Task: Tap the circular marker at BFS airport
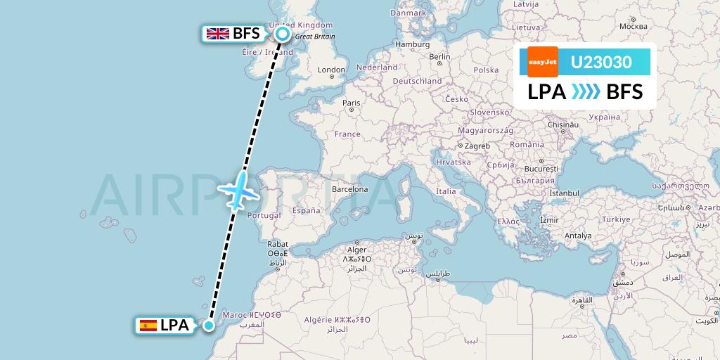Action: pyautogui.click(x=283, y=33)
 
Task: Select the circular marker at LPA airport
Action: pyautogui.click(x=209, y=324)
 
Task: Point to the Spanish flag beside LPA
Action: pyautogui.click(x=148, y=325)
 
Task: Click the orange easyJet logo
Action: pyautogui.click(x=543, y=62)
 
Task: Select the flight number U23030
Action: pyautogui.click(x=601, y=63)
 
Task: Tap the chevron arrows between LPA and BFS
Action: pyautogui.click(x=586, y=91)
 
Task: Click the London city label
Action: pyautogui.click(x=332, y=70)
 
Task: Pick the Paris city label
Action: pyautogui.click(x=352, y=103)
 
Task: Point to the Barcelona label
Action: pyautogui.click(x=350, y=189)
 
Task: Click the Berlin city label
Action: pyautogui.click(x=439, y=57)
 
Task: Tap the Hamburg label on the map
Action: pyautogui.click(x=412, y=44)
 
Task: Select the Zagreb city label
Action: pyautogui.click(x=477, y=146)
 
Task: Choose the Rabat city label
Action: pyautogui.click(x=278, y=244)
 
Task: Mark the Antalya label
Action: pyautogui.click(x=578, y=236)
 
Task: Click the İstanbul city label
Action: pyautogui.click(x=564, y=193)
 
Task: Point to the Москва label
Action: pyautogui.click(x=624, y=26)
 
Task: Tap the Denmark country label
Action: pyautogui.click(x=408, y=11)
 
